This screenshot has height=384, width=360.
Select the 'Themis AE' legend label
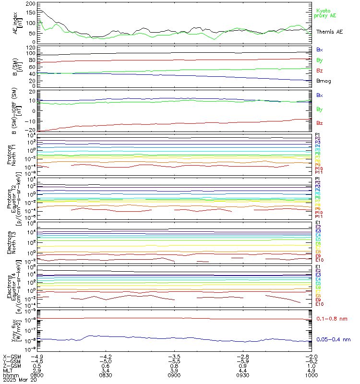tap(329, 31)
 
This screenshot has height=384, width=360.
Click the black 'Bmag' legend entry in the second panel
tap(323, 81)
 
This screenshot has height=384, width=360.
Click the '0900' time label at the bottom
tap(175, 374)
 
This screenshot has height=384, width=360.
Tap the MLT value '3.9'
tap(175, 370)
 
